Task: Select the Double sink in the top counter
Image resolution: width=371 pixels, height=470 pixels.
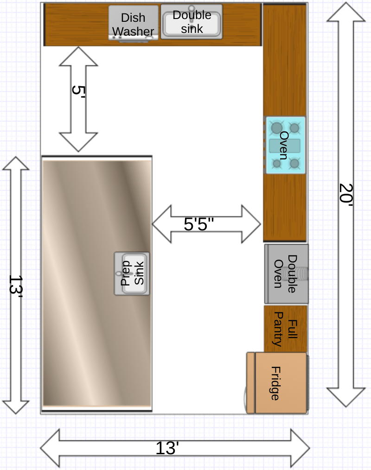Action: (192, 22)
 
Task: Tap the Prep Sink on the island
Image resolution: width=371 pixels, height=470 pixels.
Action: (132, 273)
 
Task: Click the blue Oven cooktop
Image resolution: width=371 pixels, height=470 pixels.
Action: (285, 145)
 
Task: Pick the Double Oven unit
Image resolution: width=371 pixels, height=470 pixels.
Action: (286, 273)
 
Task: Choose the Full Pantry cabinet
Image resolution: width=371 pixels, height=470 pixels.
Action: (286, 329)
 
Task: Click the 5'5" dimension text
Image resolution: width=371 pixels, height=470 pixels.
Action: (199, 224)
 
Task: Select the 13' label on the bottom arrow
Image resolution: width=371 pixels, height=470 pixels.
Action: (167, 448)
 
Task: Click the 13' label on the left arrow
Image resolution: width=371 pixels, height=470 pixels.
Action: (16, 285)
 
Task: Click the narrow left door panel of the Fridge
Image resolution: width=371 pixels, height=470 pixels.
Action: (250, 383)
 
